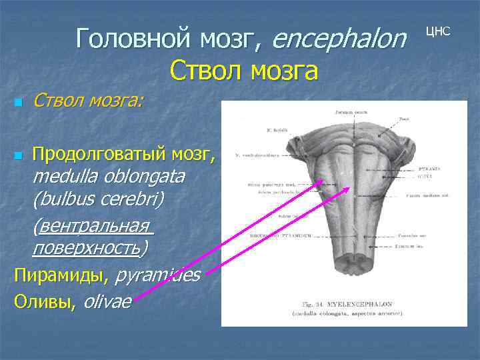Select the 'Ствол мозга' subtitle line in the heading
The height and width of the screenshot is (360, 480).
coord(243,69)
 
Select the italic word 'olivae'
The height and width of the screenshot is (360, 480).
coord(107,301)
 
